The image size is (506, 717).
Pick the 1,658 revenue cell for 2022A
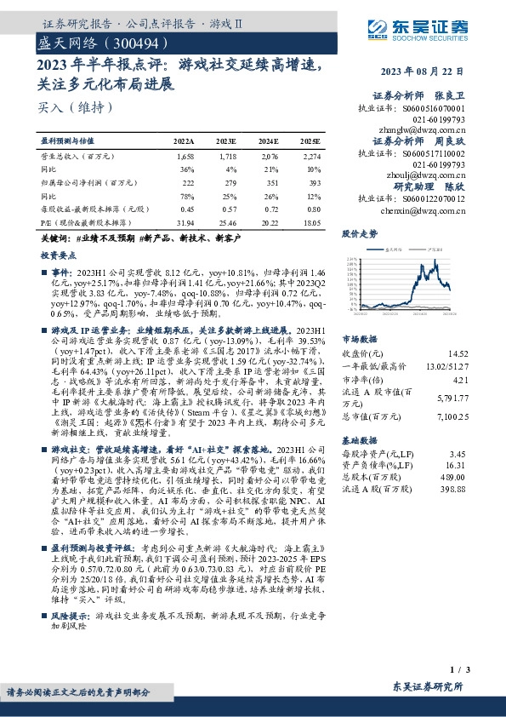[x=185, y=158]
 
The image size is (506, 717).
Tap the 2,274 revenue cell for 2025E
[x=311, y=158]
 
